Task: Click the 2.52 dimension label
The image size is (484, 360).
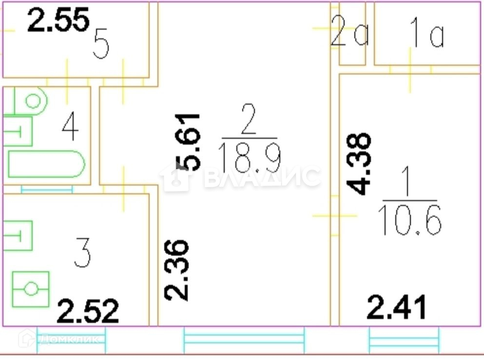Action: (88, 311)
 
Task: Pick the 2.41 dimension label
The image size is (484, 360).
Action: (397, 307)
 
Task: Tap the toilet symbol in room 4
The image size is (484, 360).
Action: (30, 101)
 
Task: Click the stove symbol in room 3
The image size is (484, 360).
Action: (30, 289)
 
